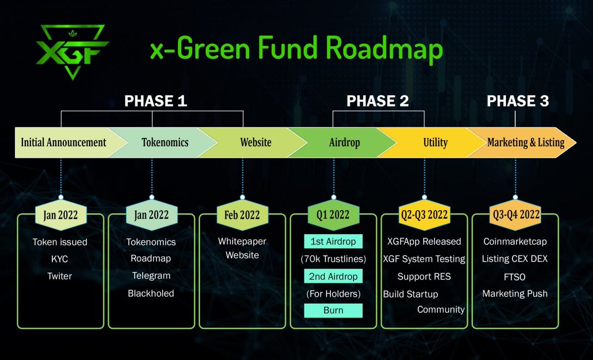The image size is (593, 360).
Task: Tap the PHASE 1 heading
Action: [156, 101]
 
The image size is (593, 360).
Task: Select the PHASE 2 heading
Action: [378, 101]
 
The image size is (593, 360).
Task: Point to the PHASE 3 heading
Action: [517, 101]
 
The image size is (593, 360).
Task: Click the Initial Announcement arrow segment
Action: [63, 143]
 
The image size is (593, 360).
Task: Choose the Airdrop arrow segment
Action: [344, 143]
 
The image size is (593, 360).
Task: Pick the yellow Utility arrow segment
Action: [435, 143]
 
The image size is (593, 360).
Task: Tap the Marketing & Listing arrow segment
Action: [525, 143]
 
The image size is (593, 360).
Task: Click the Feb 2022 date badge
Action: [242, 215]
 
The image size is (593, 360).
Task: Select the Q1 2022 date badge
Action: [333, 215]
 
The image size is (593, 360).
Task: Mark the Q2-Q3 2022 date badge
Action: [424, 215]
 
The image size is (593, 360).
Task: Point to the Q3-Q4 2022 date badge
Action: [515, 215]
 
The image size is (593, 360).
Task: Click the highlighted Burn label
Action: [333, 311]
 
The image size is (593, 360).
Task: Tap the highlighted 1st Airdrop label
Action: [333, 241]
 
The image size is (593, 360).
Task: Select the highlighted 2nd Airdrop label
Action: [333, 276]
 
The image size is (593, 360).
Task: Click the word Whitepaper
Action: [242, 241]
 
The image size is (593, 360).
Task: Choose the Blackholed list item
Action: [151, 293]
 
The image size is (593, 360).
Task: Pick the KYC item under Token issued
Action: [60, 259]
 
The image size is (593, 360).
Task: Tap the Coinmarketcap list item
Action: [515, 241]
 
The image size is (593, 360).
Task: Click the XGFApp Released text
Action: [424, 241]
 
